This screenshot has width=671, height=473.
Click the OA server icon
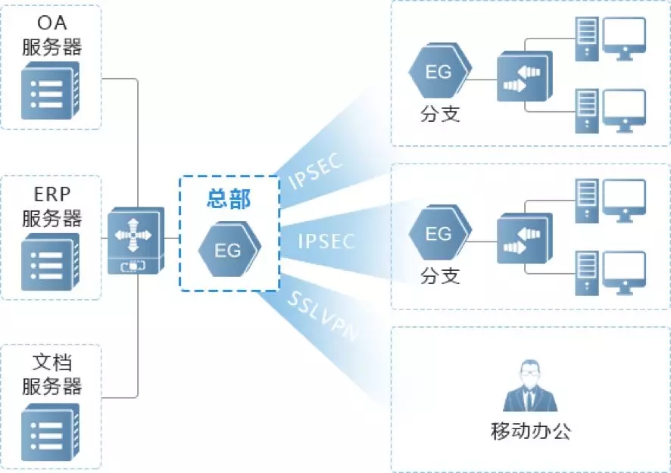(51, 91)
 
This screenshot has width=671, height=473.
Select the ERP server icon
(51, 262)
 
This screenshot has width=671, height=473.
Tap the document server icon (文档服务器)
(51, 431)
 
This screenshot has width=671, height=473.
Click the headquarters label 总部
(229, 199)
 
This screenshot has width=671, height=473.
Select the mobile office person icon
(530, 387)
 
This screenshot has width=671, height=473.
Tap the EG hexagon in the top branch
(438, 73)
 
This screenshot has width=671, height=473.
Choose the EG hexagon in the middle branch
(438, 235)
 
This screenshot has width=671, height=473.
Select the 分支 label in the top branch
(440, 114)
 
